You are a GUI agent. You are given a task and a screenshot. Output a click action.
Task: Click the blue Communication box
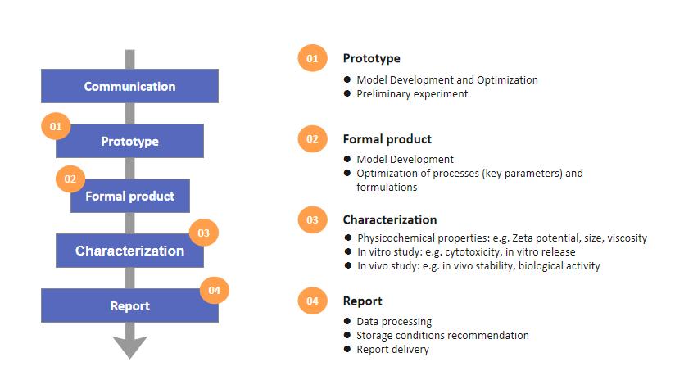[x=129, y=86]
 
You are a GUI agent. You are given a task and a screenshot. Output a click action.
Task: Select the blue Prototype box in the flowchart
[x=129, y=141]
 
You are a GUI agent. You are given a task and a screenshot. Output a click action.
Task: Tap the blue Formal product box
[x=130, y=196]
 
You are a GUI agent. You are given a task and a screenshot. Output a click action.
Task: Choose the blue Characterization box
[x=129, y=251]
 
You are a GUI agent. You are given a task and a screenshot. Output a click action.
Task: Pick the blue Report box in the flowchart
[x=129, y=305]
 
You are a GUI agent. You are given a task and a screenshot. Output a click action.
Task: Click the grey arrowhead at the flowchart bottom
[x=130, y=347]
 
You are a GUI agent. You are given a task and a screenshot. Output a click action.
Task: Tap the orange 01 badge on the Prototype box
[x=56, y=126]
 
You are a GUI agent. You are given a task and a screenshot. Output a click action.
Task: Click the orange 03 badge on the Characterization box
[x=204, y=233]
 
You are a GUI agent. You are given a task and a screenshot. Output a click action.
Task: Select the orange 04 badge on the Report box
[x=215, y=290]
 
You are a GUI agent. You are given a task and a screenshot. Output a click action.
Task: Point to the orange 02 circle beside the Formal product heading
[x=313, y=139]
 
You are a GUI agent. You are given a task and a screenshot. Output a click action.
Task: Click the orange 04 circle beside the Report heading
[x=313, y=301]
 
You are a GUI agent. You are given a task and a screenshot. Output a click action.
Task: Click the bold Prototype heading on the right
[x=372, y=58]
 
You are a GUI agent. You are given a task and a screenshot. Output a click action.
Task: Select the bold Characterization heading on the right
[x=390, y=219]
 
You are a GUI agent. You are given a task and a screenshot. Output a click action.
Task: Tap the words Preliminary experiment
[x=412, y=94]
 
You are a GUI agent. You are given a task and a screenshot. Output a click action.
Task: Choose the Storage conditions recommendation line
[x=442, y=335]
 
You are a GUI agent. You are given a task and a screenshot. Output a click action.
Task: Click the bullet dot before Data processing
[x=347, y=320]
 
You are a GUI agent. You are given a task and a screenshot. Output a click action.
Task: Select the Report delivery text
[x=392, y=350]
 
